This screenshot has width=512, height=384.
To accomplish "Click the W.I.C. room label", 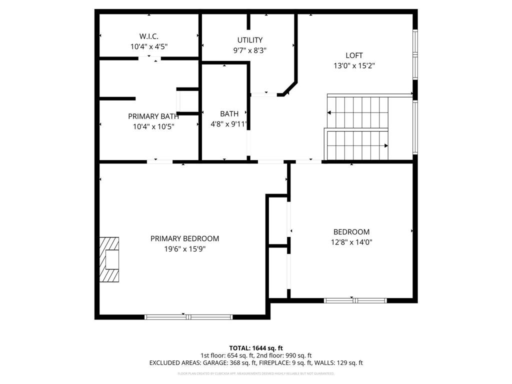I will (x=149, y=36).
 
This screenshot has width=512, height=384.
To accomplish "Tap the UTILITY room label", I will (x=249, y=40).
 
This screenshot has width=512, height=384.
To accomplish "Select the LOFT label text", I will (x=354, y=55).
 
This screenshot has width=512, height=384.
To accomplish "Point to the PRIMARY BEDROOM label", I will (x=184, y=238).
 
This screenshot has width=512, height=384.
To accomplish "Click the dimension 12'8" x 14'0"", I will (x=351, y=242).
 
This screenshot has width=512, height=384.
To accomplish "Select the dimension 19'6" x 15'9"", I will (x=184, y=248).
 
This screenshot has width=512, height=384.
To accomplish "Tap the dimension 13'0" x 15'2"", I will (x=354, y=65).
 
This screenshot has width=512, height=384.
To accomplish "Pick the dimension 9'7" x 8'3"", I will (x=249, y=50).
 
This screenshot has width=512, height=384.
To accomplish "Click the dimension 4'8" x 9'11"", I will (x=229, y=124).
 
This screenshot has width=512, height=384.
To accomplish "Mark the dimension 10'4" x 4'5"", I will (x=149, y=46).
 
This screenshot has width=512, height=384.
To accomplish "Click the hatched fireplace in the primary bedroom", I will (x=109, y=260).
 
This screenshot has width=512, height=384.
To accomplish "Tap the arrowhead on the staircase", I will (x=385, y=146).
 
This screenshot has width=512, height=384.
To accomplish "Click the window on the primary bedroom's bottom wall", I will (x=188, y=316).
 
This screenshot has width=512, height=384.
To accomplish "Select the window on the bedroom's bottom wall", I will (x=355, y=300).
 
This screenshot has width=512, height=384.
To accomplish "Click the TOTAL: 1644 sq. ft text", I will (x=256, y=348).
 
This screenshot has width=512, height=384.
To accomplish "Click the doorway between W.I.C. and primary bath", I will (x=149, y=58).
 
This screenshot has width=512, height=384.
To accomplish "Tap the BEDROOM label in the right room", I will (x=351, y=232).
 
